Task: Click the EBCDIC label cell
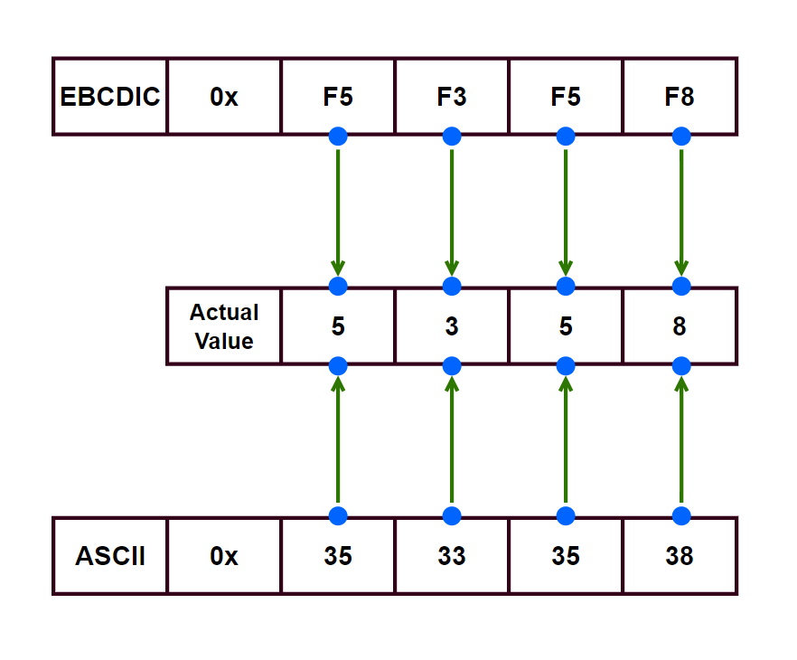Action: [110, 97]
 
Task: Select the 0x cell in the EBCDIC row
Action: [224, 97]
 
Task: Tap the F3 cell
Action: [452, 97]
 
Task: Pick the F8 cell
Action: [680, 97]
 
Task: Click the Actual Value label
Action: [224, 326]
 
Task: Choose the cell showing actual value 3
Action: [452, 326]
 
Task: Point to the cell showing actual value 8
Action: [680, 326]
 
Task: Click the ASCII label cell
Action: [110, 556]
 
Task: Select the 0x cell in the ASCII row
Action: [224, 556]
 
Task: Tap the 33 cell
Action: [452, 556]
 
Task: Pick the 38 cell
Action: [680, 556]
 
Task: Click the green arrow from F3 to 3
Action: [452, 210]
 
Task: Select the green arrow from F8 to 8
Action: [680, 210]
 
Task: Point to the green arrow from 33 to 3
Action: [452, 441]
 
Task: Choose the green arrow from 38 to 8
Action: [680, 441]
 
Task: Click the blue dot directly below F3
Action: [452, 137]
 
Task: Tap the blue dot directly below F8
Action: [681, 137]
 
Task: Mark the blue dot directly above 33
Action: [452, 516]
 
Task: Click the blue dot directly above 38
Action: [681, 516]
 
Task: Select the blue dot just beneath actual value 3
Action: [452, 366]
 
